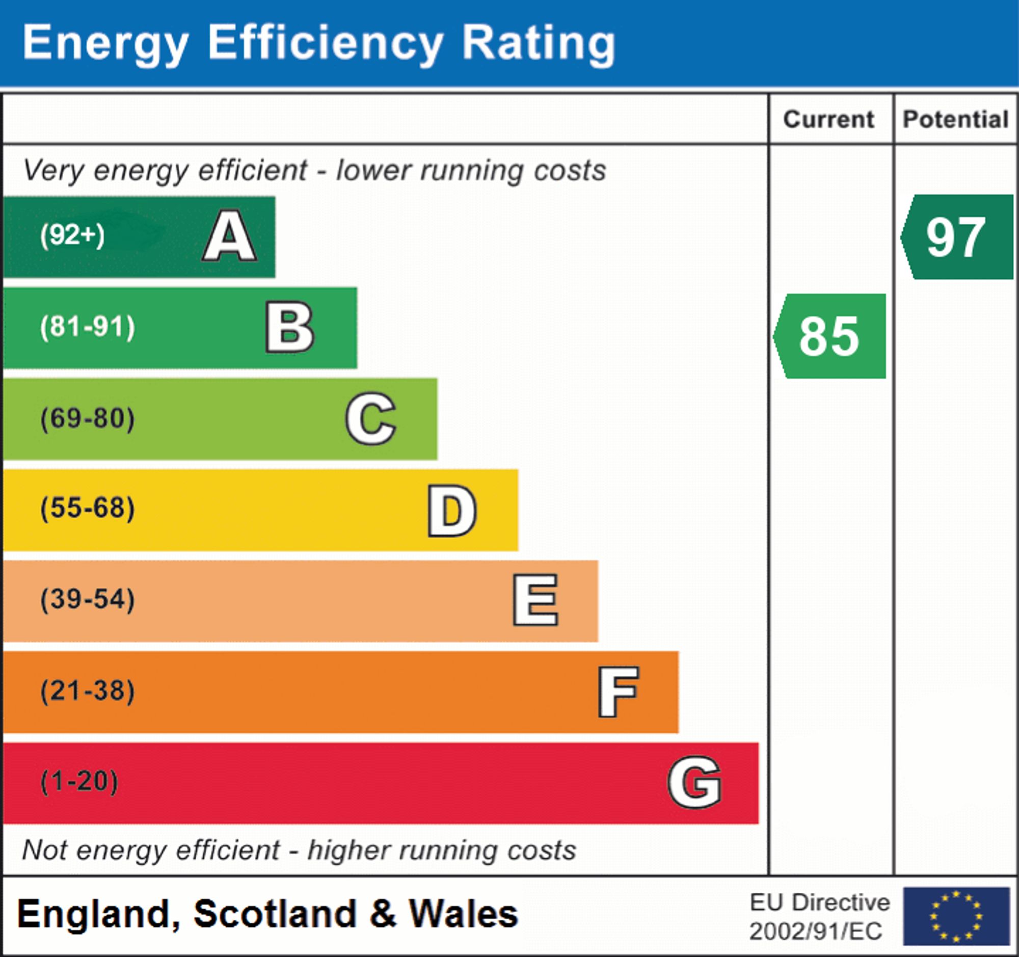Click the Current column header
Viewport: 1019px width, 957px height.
828,119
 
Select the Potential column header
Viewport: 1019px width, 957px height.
955,119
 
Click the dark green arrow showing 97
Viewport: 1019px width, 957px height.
956,237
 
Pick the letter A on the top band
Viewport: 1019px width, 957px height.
230,236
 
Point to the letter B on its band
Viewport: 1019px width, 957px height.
289,328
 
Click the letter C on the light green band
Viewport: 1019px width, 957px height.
370,418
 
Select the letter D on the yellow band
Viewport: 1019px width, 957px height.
452,511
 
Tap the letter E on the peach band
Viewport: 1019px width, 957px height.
535,600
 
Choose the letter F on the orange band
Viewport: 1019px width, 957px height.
618,692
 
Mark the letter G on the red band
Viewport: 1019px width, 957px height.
694,782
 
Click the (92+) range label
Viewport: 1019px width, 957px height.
72,235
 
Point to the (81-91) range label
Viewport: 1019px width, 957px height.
88,327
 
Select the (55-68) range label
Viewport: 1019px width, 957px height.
88,509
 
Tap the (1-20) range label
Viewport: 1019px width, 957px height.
79,782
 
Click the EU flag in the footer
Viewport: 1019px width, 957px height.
956,916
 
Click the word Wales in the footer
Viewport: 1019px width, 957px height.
463,914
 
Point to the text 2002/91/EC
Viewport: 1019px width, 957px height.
816,932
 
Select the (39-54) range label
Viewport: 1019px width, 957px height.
88,599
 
